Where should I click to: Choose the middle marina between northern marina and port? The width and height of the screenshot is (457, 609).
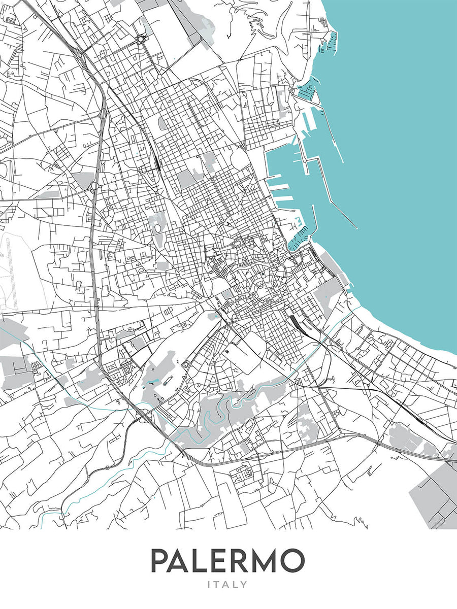(x=307, y=91)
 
